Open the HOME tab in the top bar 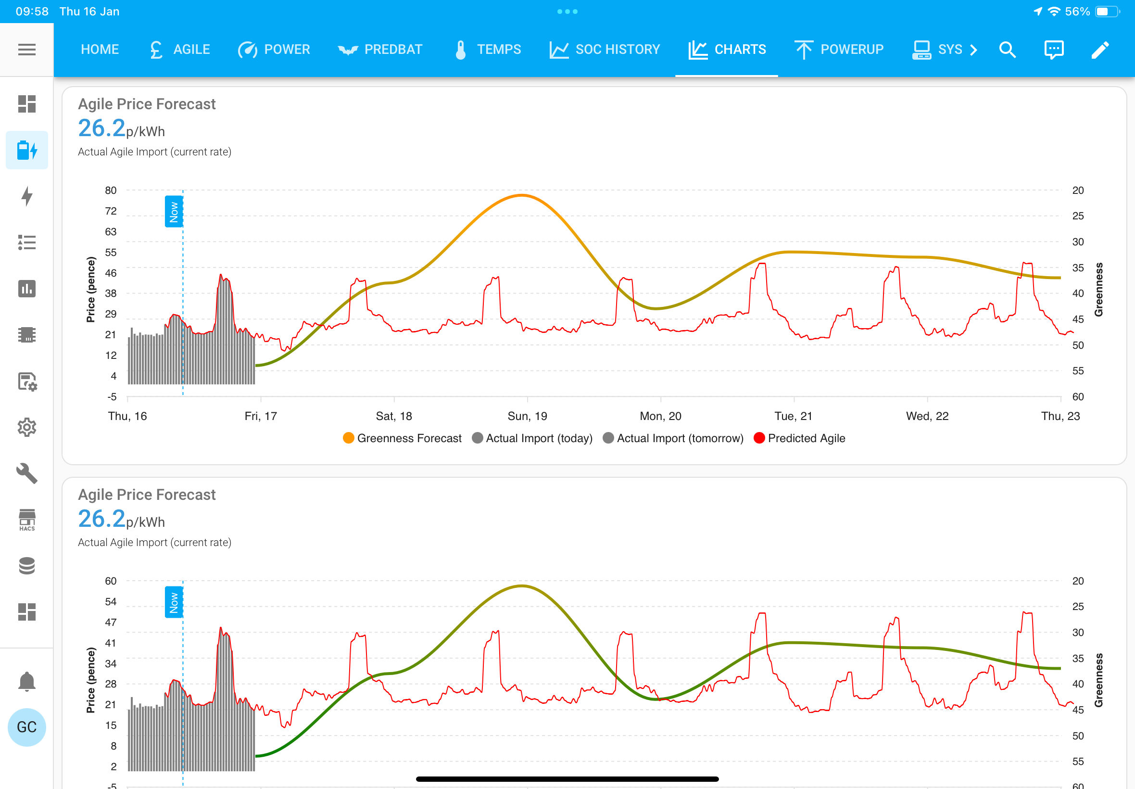pyautogui.click(x=100, y=50)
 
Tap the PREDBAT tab pyautogui.click(x=380, y=50)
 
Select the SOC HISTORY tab pyautogui.click(x=605, y=50)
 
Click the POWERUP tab pyautogui.click(x=839, y=50)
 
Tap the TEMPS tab pyautogui.click(x=487, y=50)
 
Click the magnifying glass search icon pyautogui.click(x=1007, y=50)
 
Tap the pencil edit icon pyautogui.click(x=1100, y=50)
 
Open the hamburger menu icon pyautogui.click(x=26, y=50)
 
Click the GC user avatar pyautogui.click(x=26, y=727)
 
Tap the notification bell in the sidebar pyautogui.click(x=26, y=681)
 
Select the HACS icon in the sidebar pyautogui.click(x=26, y=520)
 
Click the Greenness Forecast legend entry pyautogui.click(x=402, y=438)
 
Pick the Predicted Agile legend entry pyautogui.click(x=799, y=438)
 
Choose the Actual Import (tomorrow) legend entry pyautogui.click(x=673, y=438)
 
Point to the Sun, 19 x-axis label pyautogui.click(x=527, y=416)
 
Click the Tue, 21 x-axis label pyautogui.click(x=794, y=416)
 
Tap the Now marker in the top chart pyautogui.click(x=174, y=212)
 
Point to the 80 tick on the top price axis pyautogui.click(x=111, y=191)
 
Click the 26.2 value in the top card pyautogui.click(x=102, y=128)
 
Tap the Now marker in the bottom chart pyautogui.click(x=174, y=602)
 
